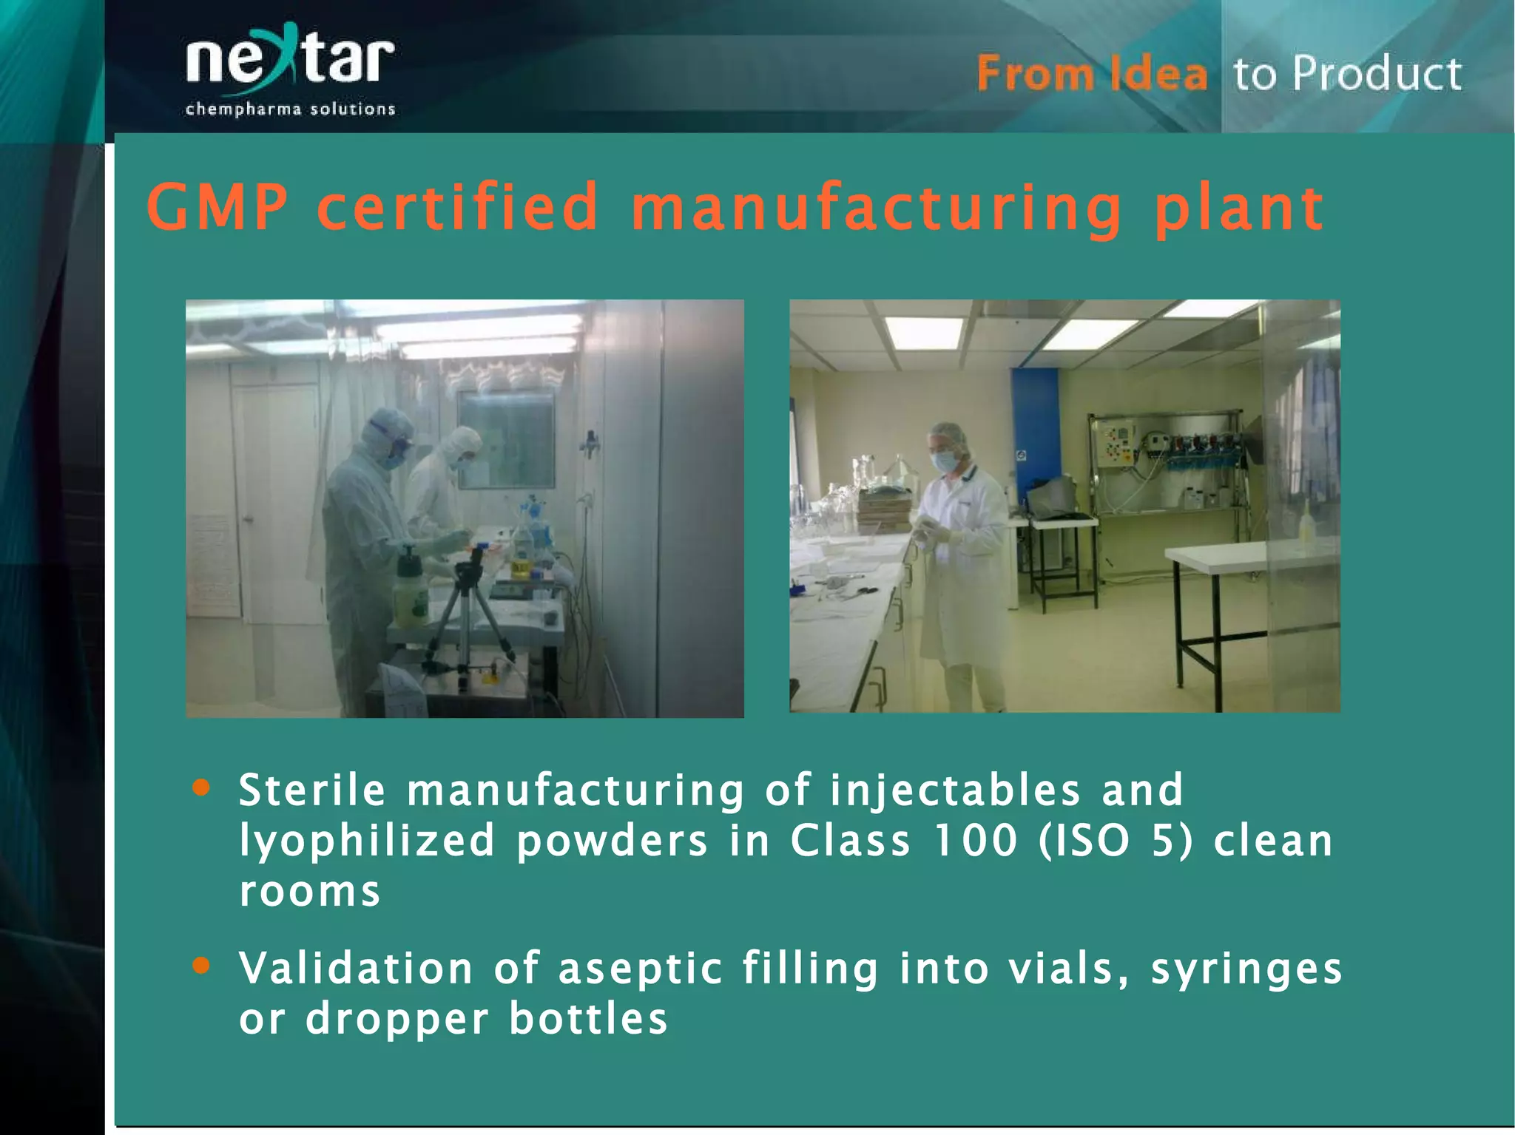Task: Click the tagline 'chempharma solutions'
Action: (x=290, y=109)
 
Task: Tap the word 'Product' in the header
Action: (x=1377, y=74)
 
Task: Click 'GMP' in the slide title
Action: (x=217, y=208)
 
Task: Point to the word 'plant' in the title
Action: (x=1238, y=210)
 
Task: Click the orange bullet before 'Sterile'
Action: (x=200, y=787)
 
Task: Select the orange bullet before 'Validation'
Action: (x=200, y=966)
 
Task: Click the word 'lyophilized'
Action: (x=366, y=842)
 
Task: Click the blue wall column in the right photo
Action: (x=1034, y=436)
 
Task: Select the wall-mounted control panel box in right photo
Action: (x=1116, y=443)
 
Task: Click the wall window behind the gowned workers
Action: (x=506, y=439)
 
